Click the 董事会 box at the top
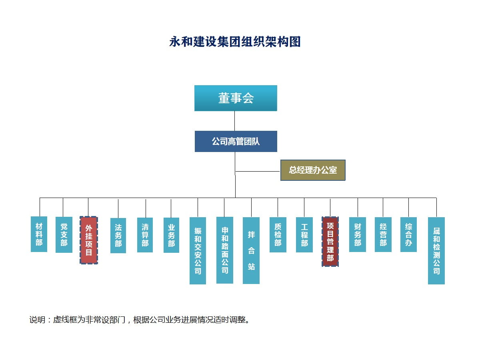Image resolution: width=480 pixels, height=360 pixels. [236, 98]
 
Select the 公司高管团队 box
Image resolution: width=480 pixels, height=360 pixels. [236, 141]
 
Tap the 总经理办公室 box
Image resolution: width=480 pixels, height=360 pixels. [313, 170]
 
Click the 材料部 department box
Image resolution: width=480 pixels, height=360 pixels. [39, 234]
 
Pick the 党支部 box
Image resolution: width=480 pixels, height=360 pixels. [64, 234]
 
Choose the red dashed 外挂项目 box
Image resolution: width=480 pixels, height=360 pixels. [89, 240]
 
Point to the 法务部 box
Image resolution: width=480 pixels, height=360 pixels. [118, 235]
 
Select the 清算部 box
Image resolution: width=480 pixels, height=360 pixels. [145, 235]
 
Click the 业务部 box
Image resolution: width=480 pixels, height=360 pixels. [171, 235]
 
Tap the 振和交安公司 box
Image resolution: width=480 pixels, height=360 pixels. [198, 250]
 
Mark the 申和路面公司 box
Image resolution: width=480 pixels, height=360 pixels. [225, 250]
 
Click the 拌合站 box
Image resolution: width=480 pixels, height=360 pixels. [251, 250]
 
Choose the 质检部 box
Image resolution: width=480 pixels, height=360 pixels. [278, 234]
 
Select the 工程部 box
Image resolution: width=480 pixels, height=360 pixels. [304, 234]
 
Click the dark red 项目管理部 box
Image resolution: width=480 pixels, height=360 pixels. [330, 241]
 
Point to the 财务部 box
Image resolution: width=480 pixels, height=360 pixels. [358, 234]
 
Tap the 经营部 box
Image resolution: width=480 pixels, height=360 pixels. [383, 234]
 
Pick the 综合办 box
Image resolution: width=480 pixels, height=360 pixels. [408, 234]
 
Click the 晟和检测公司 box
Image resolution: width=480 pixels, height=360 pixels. [436, 250]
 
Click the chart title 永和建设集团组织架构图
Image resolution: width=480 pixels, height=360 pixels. [235, 42]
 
